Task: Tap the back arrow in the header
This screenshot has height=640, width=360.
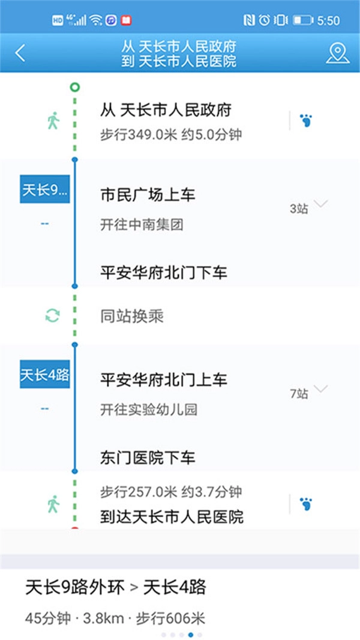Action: pos(20,53)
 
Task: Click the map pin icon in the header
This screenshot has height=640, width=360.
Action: pos(338,53)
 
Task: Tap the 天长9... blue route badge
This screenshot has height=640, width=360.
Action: pos(45,189)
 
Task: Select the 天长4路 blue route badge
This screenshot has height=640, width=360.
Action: pos(45,374)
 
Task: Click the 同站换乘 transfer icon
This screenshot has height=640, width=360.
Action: pos(53,316)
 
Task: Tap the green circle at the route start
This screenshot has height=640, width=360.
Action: pos(74,87)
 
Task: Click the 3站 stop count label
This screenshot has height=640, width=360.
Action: pos(299,209)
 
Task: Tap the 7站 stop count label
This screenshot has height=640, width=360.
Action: pos(299,394)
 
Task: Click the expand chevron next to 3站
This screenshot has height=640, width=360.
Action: pos(320,204)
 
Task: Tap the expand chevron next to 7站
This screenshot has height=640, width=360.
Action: pos(320,388)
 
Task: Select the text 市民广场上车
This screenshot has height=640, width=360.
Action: pos(148,195)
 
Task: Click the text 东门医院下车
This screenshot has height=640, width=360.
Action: pos(148,457)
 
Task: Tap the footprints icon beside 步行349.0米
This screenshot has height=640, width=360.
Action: pos(306,121)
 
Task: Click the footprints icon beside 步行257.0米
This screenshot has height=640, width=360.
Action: pos(306,504)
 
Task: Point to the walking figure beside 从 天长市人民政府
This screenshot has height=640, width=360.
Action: pos(53,121)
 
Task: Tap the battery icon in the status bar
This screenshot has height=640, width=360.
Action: pos(303,20)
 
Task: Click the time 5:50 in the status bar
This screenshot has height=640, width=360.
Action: pos(328,20)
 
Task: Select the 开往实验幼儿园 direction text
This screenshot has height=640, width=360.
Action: pos(149,409)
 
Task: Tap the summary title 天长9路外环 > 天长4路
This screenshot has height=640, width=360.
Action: pos(116,587)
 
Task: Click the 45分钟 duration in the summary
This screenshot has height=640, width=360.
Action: pos(48,618)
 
